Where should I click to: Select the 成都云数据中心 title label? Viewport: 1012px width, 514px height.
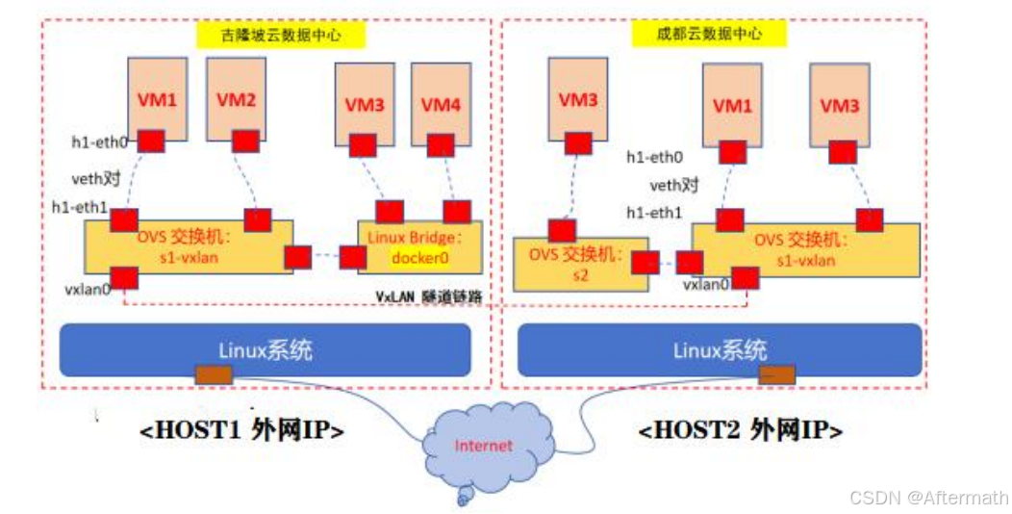coord(710,34)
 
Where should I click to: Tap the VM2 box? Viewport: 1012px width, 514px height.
coord(236,98)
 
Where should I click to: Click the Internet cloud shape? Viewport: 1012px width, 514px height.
coord(484,445)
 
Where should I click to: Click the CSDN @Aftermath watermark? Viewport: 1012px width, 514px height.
coord(929,497)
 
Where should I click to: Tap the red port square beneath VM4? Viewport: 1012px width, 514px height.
coord(440,145)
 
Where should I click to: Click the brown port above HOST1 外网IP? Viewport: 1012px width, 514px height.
coord(208,374)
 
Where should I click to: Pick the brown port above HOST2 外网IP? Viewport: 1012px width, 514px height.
coord(776,374)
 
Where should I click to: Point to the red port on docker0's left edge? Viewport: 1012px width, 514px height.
coord(354,257)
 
